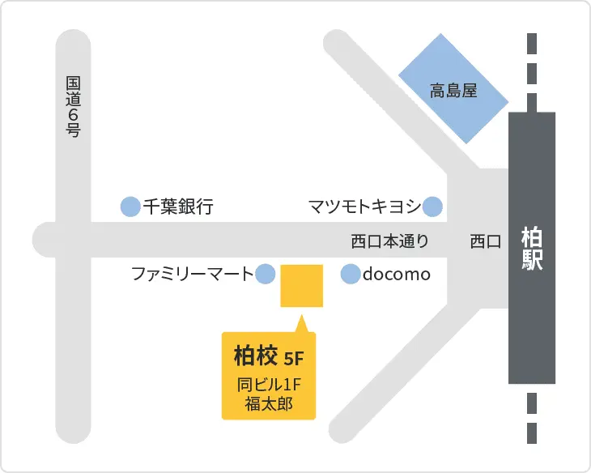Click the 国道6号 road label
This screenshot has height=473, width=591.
(x=74, y=106)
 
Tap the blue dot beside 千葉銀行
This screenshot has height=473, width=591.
(x=130, y=207)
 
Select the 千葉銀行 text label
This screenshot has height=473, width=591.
(x=178, y=207)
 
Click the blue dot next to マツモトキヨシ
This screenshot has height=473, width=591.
(x=433, y=207)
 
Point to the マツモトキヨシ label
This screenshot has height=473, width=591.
(x=364, y=207)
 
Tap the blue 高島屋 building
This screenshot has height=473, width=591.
(x=453, y=90)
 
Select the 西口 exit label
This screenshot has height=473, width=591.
(x=486, y=241)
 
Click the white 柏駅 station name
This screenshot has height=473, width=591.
(x=531, y=249)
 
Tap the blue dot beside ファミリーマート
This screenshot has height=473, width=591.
(x=266, y=275)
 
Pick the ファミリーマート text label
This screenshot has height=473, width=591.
(x=193, y=275)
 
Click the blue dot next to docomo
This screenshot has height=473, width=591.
(x=350, y=275)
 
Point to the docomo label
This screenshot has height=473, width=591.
(x=396, y=275)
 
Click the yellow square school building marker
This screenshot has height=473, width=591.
(x=302, y=286)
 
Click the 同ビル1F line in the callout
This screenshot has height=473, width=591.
(x=268, y=383)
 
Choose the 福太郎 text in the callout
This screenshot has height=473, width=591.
(x=268, y=403)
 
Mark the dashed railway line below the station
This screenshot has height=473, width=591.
(x=532, y=416)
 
